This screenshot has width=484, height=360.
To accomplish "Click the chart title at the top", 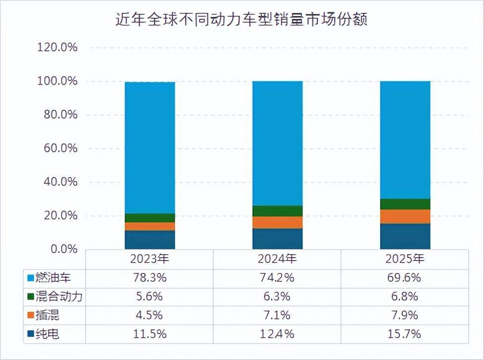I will (x=242, y=20).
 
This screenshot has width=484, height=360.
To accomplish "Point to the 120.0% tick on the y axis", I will (x=57, y=48).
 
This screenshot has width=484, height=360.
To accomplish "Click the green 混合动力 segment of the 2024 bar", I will (x=277, y=211).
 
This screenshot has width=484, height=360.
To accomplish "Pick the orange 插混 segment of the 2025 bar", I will (x=405, y=217).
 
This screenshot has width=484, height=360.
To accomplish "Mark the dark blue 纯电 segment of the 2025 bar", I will (x=405, y=236).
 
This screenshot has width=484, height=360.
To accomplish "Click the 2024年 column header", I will (x=277, y=259).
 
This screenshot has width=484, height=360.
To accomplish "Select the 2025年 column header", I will (x=405, y=259).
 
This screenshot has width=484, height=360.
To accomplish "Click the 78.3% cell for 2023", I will (x=150, y=277).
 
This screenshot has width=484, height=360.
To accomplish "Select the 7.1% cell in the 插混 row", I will (x=277, y=315).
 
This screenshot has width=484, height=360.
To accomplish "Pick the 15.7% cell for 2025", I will (x=405, y=334).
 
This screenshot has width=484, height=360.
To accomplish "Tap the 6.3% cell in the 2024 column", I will (x=277, y=296).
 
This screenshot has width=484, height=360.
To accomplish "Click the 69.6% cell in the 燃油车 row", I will (x=405, y=277).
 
